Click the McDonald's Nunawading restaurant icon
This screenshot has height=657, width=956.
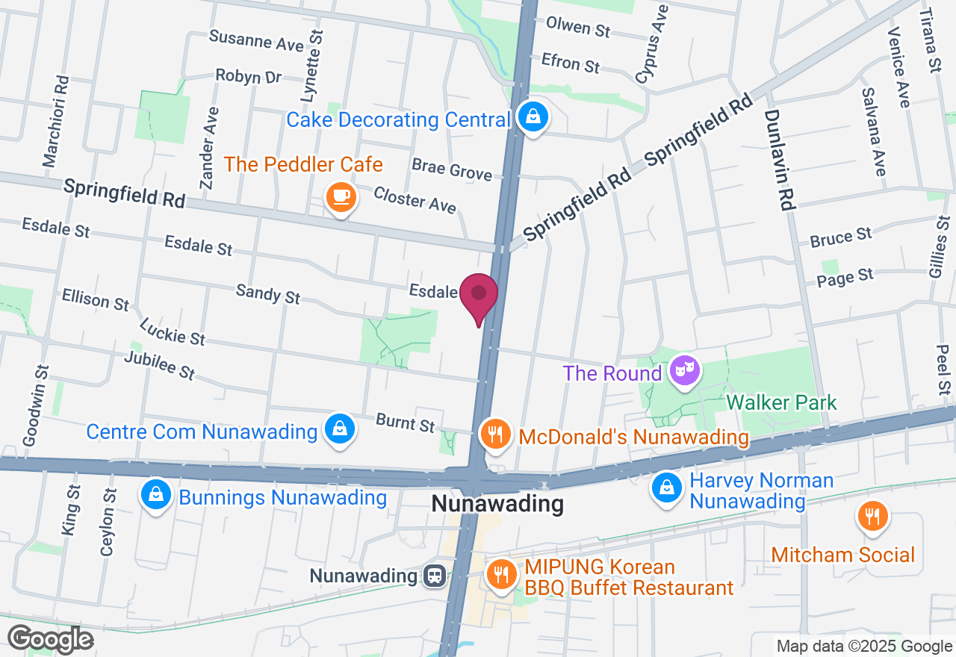coord(494,434)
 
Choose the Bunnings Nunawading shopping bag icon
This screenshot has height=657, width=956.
coord(156,495)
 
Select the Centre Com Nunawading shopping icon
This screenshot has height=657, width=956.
coord(340,429)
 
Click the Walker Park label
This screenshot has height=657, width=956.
coord(781,403)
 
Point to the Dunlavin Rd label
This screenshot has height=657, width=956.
coord(778,160)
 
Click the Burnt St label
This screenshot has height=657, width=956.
coord(405,423)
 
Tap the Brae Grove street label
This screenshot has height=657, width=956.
coord(452,169)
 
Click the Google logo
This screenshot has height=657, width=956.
coord(50,639)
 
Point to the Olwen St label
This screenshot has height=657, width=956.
coord(578,27)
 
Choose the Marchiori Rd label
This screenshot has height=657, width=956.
coord(56,121)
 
